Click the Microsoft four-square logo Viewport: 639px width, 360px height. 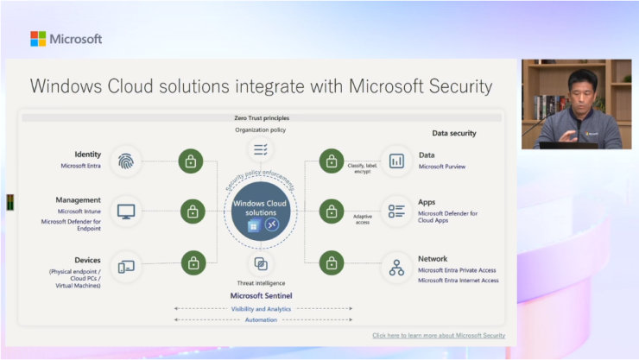(38, 39)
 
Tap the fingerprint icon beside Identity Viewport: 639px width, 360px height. (126, 161)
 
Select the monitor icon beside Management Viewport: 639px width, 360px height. (126, 210)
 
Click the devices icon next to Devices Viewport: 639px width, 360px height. (126, 266)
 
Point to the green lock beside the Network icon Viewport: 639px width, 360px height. (332, 262)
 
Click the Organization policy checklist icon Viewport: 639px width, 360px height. (260, 150)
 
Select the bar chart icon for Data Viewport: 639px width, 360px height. (396, 161)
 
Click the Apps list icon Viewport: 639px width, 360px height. (396, 210)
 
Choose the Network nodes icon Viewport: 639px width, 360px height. (396, 267)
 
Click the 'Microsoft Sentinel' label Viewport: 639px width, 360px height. (260, 295)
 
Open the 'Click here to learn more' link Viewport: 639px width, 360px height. (439, 335)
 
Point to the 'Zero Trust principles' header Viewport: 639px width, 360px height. (260, 117)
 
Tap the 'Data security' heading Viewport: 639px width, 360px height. (453, 133)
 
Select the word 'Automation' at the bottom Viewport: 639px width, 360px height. (260, 319)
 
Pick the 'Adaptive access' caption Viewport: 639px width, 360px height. (363, 218)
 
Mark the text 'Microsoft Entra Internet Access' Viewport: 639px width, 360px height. (458, 281)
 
